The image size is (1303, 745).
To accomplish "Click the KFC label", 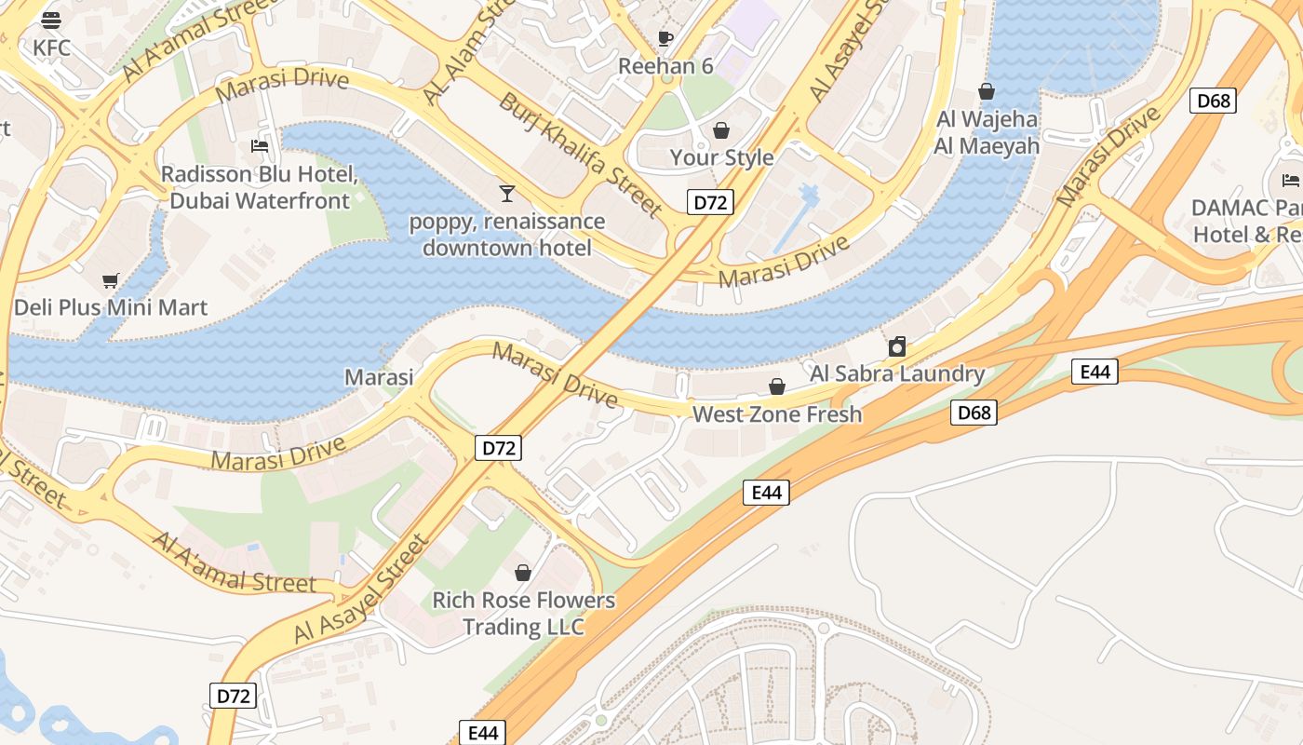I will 51,47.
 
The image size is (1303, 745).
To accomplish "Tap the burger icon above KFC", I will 51,20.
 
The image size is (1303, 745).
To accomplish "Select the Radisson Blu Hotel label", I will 260,187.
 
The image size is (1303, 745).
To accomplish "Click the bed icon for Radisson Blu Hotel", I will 260,146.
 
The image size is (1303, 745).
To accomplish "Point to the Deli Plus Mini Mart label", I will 111,307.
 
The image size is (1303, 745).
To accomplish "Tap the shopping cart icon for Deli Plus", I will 111,280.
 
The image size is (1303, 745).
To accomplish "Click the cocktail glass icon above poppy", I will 507,194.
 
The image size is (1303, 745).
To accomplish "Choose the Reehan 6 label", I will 665,66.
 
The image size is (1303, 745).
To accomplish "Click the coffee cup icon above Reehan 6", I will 665,38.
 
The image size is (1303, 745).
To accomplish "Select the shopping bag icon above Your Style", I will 721,130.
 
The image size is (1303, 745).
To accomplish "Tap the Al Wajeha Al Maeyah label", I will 987,132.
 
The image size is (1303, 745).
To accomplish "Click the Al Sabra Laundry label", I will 897,373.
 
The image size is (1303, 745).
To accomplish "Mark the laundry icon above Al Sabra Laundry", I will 897,347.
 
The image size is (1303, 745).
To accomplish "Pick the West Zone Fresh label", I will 777,414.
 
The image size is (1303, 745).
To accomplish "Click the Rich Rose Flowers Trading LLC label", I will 523,614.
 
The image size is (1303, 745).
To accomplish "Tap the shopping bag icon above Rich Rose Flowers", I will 523,573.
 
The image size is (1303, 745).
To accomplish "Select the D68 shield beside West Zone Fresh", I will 974,413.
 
